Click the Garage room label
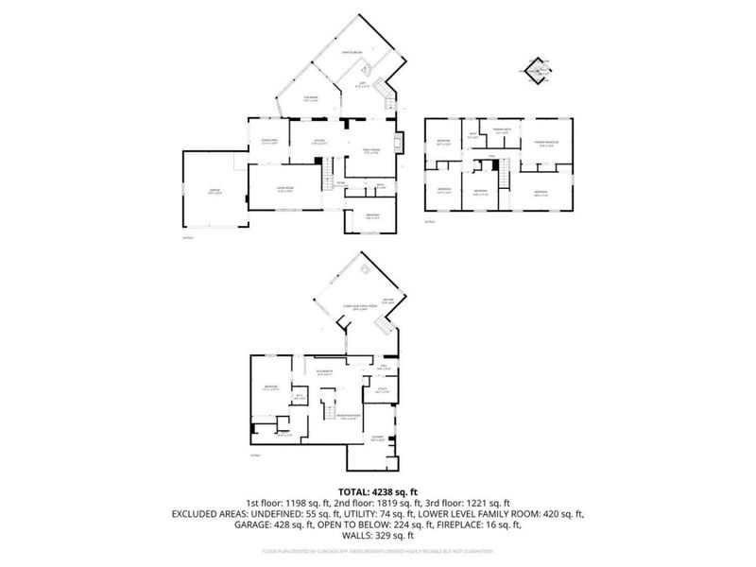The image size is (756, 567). pos(214,191)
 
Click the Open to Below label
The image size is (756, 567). pos(353,53)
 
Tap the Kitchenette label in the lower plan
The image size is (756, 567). pos(338,373)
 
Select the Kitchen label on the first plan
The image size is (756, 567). pos(322,142)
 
